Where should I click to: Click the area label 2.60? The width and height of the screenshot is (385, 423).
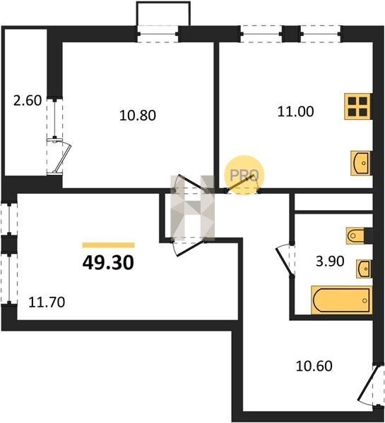(x=28, y=101)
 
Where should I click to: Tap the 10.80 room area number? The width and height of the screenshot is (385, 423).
(x=138, y=116)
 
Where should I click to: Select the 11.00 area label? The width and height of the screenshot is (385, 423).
(x=296, y=111)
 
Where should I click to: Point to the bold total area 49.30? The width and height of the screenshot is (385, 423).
(x=108, y=263)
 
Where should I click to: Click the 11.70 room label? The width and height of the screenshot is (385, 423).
(x=47, y=302)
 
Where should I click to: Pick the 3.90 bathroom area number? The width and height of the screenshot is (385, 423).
(x=330, y=261)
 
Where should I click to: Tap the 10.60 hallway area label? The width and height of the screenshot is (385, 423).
(x=314, y=367)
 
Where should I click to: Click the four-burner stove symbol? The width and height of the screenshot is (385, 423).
(x=358, y=106)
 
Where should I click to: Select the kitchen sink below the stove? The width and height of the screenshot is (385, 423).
(x=361, y=164)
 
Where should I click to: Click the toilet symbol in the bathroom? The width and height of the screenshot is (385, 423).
(x=355, y=236)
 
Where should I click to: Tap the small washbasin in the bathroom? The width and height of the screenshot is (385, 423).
(x=364, y=269)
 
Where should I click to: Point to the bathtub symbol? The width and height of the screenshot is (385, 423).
(x=342, y=300)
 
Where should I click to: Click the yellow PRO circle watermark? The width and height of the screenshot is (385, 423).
(x=244, y=175)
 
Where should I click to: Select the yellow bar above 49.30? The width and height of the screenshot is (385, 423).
(x=108, y=245)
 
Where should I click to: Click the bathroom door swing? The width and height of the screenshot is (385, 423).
(x=285, y=260)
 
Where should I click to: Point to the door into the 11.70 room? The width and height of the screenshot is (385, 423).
(x=189, y=247)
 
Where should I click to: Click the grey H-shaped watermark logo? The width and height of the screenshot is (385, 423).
(x=192, y=208)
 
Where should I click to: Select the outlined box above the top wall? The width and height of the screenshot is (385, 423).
(x=163, y=13)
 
